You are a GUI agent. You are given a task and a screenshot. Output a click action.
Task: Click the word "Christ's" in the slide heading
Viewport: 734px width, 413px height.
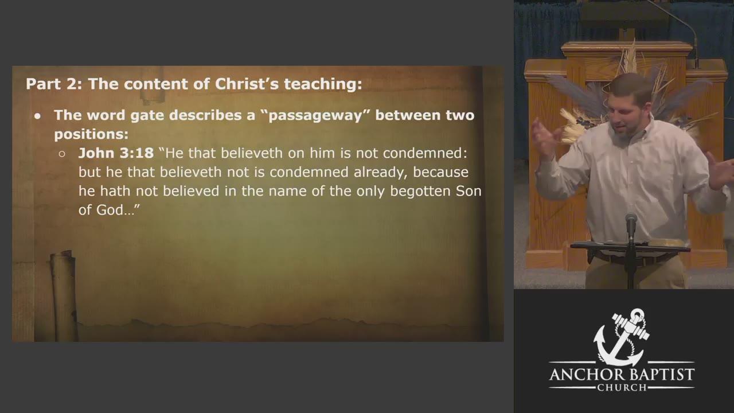[247, 84]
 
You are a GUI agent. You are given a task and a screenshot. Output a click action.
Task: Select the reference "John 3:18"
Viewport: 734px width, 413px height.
[116, 153]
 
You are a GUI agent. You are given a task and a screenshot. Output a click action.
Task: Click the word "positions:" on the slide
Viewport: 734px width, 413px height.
[91, 134]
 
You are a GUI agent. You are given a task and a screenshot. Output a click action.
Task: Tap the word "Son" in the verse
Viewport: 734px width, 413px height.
[468, 191]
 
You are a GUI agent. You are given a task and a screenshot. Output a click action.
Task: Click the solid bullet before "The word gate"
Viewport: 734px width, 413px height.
[38, 116]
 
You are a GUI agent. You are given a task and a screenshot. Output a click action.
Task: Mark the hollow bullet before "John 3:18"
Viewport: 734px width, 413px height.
[62, 154]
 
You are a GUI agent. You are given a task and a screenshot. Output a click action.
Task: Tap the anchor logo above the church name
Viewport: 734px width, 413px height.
[621, 337]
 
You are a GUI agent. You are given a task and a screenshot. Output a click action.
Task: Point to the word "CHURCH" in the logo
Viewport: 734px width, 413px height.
[622, 388]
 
